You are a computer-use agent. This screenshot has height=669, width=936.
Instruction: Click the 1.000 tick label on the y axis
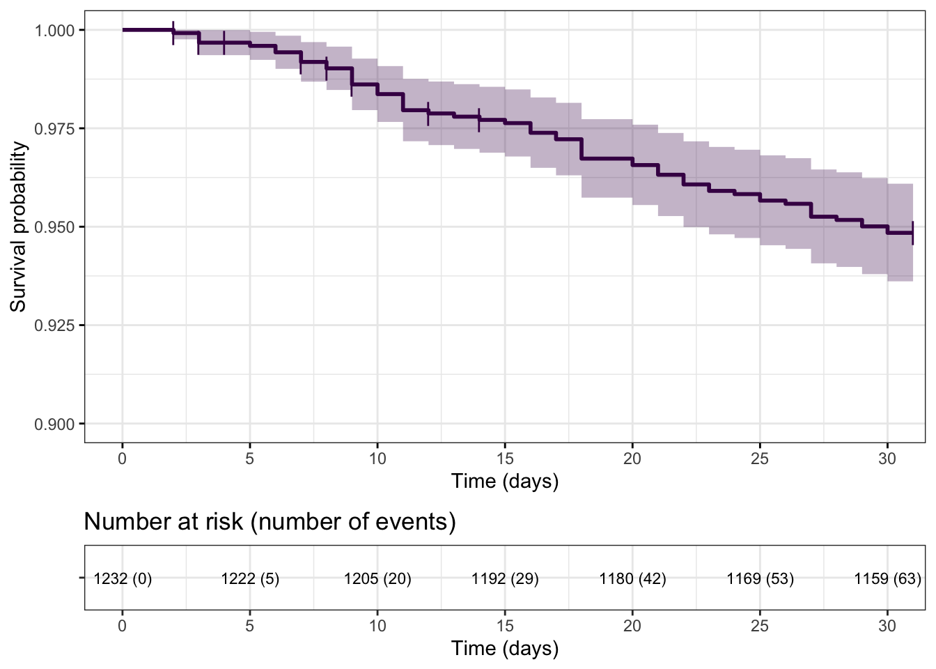pos(54,31)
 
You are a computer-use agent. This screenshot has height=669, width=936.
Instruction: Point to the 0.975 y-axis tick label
pos(54,129)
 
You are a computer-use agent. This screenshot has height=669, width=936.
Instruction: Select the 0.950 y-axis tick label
pos(54,227)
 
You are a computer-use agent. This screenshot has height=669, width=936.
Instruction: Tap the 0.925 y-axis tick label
pos(54,325)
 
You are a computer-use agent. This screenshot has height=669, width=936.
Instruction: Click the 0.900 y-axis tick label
pos(54,424)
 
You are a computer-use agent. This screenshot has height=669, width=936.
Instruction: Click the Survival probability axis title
pos(18,226)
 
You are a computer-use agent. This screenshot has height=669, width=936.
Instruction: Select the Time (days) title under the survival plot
pos(505,481)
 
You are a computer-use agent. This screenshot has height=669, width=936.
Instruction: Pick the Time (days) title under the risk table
pos(505,648)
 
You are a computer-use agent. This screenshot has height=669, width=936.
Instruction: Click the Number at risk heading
pos(270,522)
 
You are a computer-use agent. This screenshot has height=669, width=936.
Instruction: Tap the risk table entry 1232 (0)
pos(123,578)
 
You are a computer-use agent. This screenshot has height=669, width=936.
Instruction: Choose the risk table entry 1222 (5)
pos(250,578)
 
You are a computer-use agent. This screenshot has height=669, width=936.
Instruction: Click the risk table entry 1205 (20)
pos(377,578)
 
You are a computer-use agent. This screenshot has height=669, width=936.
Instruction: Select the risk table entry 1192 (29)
pos(505,578)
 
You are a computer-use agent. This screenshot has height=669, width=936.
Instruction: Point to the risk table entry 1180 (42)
pos(632,578)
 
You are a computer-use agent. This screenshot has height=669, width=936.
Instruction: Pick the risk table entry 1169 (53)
pos(760,578)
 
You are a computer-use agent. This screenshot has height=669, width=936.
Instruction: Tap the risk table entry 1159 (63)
pos(887,578)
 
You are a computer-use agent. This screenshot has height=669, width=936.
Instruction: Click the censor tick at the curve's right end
pos(912,233)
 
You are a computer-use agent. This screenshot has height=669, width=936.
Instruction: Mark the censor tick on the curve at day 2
pos(173,33)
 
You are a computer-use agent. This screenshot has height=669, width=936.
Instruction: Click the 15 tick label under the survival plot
pos(505,459)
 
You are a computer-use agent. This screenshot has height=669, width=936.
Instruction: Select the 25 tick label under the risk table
pos(760,626)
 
